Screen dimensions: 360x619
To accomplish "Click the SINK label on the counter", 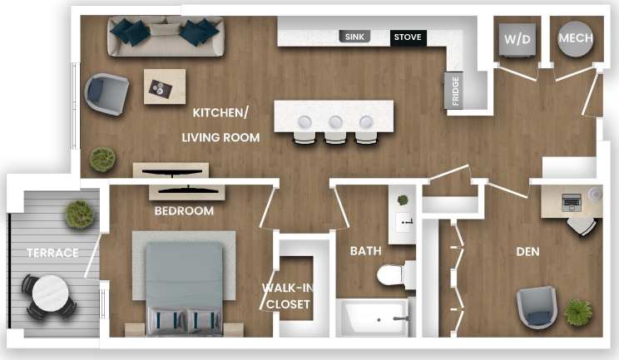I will tap(354, 37).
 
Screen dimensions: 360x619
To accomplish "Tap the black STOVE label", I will tap(407, 37).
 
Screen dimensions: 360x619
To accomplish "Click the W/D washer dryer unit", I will tap(517, 38).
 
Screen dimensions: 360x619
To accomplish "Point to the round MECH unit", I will tap(575, 38).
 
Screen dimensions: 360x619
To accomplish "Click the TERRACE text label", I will tap(52, 252).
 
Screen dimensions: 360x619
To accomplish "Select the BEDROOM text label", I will tap(184, 211).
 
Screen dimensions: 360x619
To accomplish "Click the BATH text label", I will tap(365, 250).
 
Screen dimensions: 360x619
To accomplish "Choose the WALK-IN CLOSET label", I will tap(287, 296).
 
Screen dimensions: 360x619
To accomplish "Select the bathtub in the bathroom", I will tap(374, 318).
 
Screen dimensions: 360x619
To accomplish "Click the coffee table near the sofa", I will tap(165, 86).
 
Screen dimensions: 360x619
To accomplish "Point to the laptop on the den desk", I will tap(572, 200).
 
